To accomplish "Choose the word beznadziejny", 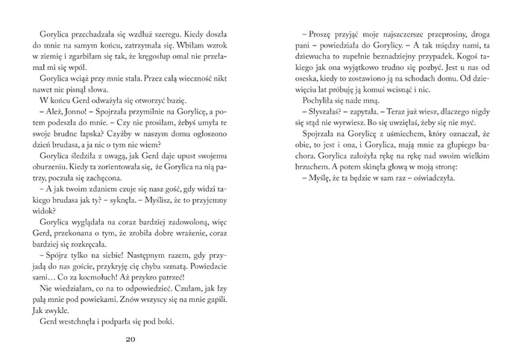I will pyautogui.click(x=386, y=58).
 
